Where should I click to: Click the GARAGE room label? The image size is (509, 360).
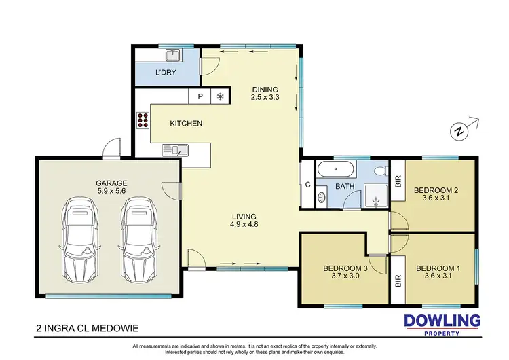coord(111,183)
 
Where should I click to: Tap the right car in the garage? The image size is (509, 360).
coord(137,238)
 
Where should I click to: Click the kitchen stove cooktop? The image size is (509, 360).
coord(143,121)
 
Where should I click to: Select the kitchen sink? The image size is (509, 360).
coord(174,150)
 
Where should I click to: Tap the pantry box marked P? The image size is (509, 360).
coord(200,96)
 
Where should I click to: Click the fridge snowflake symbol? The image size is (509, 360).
coord(220,96)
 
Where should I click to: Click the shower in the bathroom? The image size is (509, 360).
coord(375,194)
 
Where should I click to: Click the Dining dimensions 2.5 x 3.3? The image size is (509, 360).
coord(265,98)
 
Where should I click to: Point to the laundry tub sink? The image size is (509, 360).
coord(174,54)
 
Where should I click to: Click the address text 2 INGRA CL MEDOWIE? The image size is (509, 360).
coord(88,329)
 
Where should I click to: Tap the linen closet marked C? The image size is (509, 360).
coord(307,184)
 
